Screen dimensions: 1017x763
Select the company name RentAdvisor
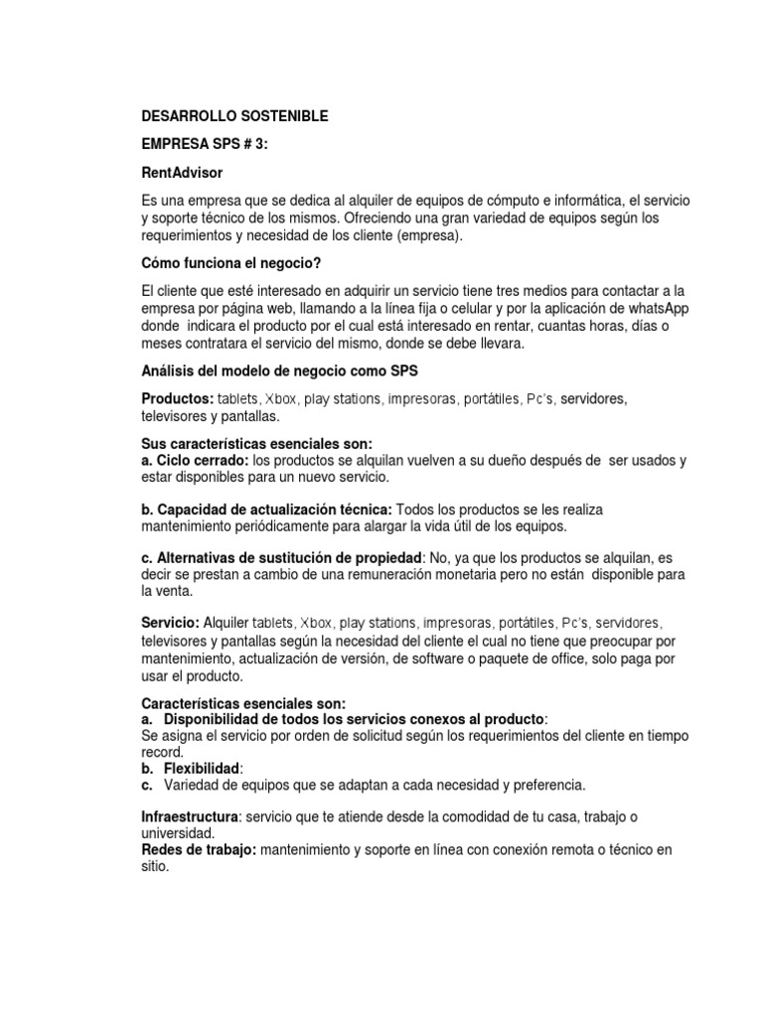(x=181, y=172)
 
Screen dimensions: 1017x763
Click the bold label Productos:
(x=178, y=398)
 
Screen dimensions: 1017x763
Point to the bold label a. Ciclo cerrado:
(x=196, y=460)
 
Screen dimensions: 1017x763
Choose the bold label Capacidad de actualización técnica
(x=275, y=508)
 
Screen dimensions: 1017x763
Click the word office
(x=556, y=658)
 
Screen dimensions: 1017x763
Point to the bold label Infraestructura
(x=190, y=815)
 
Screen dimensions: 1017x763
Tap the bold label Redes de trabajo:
(x=199, y=849)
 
